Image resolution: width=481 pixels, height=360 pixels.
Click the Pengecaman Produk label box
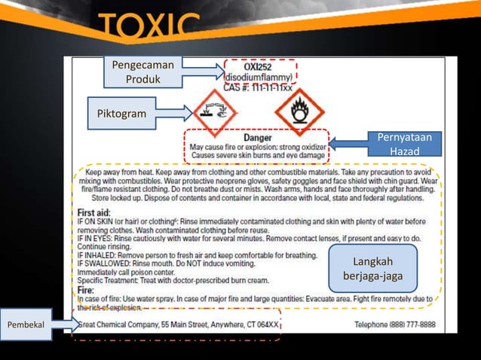(144, 72)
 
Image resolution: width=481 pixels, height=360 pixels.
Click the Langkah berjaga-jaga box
(373, 269)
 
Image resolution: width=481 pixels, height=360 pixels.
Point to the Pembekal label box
(26, 324)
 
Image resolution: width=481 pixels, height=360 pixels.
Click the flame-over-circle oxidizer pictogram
(299, 110)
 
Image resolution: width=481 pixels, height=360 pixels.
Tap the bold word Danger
(257, 139)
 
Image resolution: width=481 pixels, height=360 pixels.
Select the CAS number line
(257, 87)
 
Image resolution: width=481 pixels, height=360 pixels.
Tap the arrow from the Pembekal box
(66, 325)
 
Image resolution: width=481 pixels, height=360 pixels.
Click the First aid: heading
(94, 212)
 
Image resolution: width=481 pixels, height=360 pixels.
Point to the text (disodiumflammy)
(259, 77)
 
